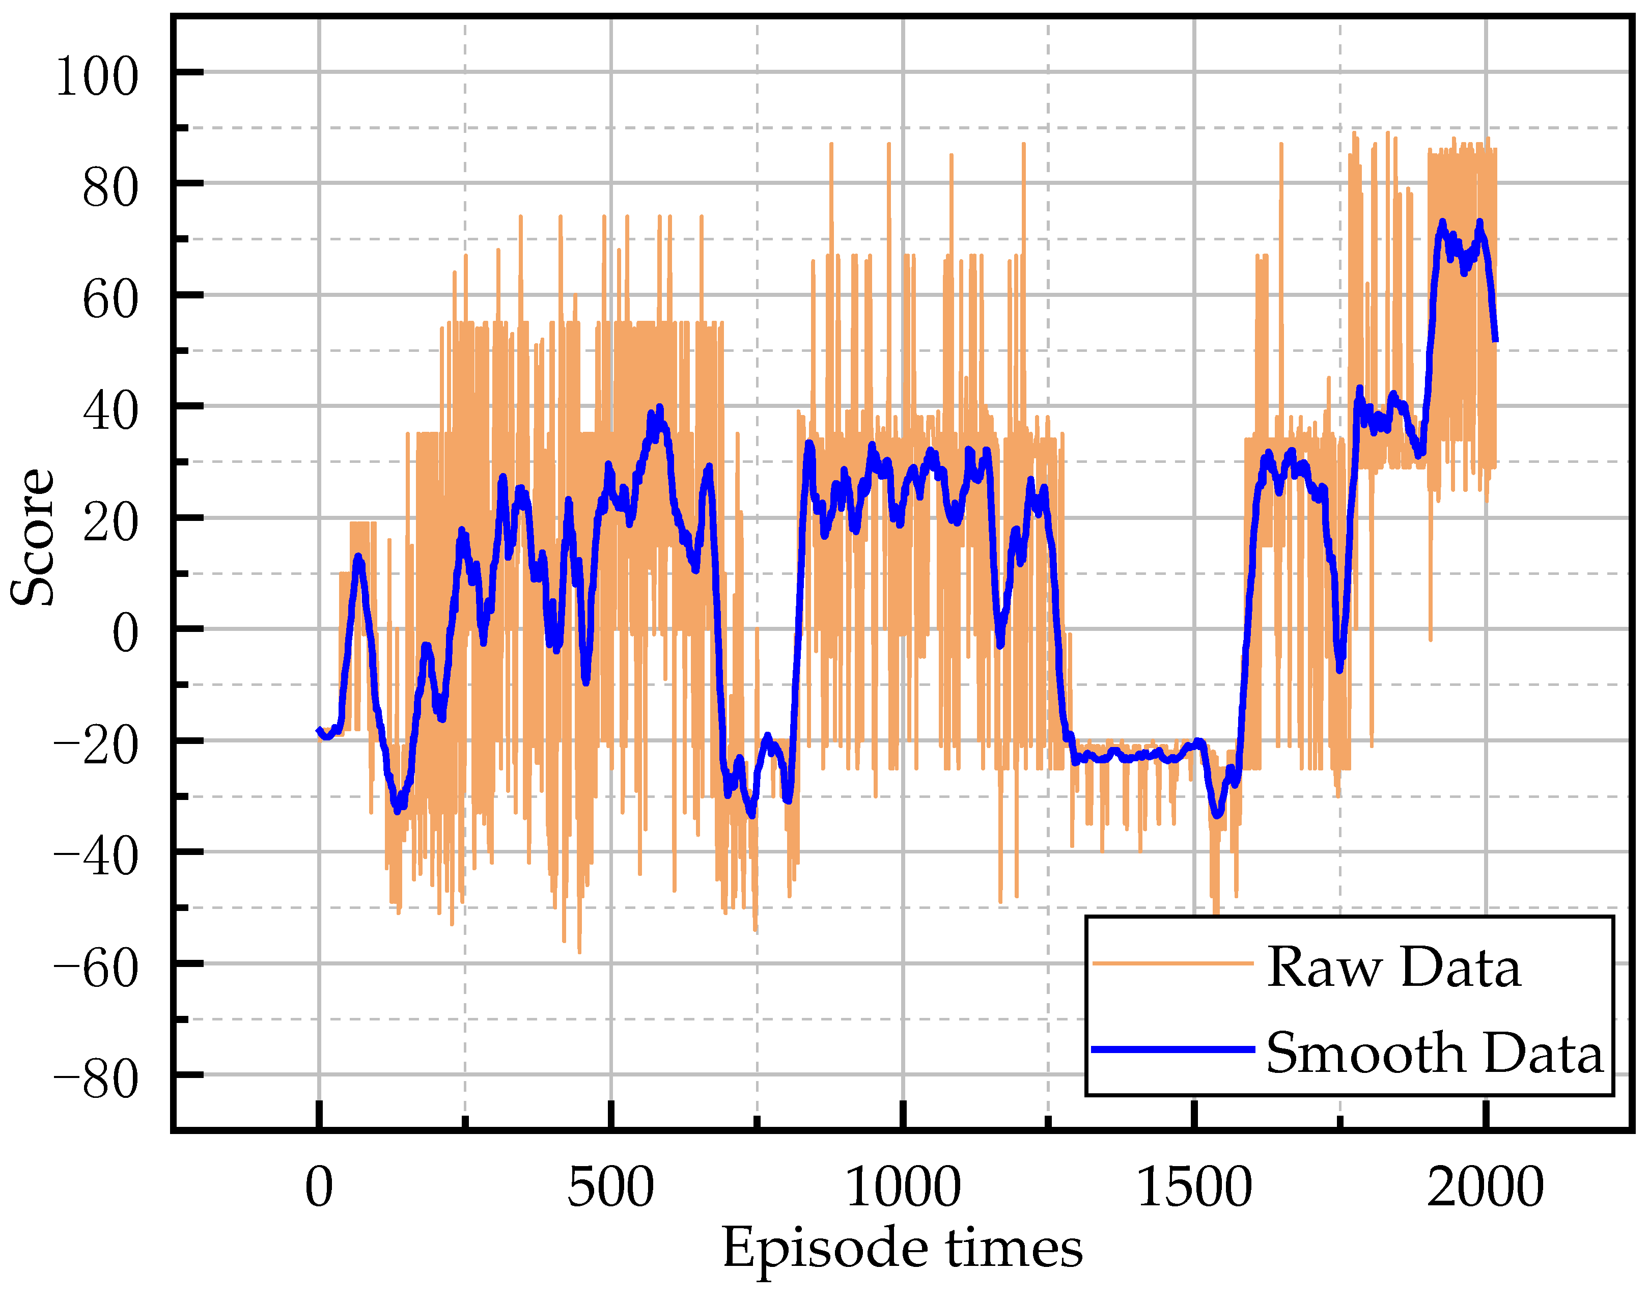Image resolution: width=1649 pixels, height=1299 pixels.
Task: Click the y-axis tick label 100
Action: click(97, 77)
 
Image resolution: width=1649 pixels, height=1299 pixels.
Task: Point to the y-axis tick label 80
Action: click(111, 188)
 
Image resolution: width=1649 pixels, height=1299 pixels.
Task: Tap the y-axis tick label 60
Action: click(111, 299)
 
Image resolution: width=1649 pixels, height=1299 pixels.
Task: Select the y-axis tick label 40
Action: click(111, 411)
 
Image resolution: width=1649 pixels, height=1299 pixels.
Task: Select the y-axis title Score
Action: click(33, 536)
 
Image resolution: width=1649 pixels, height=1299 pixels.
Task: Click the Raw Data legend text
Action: click(1393, 968)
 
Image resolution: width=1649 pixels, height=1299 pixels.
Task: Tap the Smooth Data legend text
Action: click(1434, 1054)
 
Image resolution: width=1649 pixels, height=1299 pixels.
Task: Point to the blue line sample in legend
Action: click(1172, 1049)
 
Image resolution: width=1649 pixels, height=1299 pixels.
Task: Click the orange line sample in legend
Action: click(1172, 963)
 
